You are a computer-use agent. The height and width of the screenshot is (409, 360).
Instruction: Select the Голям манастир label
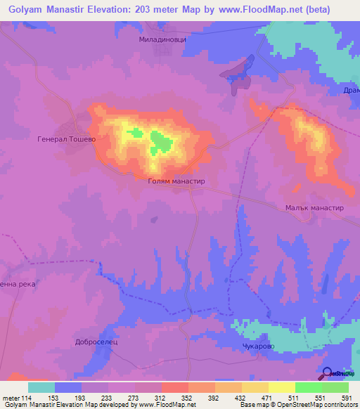[x=176, y=181]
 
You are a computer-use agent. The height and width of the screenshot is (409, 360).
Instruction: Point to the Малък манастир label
[x=314, y=208]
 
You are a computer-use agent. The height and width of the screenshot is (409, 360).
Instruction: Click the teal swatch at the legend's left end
[x=41, y=387]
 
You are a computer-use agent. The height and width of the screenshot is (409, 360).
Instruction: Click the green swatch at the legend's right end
[x=335, y=387]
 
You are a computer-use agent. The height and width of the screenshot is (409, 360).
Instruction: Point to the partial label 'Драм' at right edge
[x=351, y=91]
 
